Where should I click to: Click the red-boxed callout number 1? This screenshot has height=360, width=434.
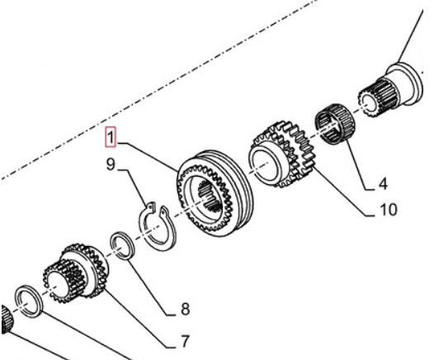(x=111, y=137)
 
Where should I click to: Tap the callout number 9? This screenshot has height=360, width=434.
(x=111, y=164)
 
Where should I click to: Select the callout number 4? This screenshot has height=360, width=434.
(x=383, y=184)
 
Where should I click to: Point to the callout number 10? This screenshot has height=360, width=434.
(x=389, y=210)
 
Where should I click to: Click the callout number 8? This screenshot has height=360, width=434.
(x=186, y=309)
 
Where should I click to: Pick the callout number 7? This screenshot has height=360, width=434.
(x=185, y=341)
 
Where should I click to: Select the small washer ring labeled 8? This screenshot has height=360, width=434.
(x=123, y=246)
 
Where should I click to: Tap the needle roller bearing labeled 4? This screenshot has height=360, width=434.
(x=336, y=124)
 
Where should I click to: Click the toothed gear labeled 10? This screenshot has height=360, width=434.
(x=282, y=154)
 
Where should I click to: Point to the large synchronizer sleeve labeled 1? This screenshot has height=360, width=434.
(x=215, y=194)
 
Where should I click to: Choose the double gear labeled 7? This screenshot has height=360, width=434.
(x=75, y=273)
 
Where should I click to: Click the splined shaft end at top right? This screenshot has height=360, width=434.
(x=390, y=88)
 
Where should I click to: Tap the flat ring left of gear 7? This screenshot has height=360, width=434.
(x=29, y=301)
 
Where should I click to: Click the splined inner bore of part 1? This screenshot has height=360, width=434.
(x=210, y=195)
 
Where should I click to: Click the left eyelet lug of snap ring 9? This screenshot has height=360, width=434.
(x=150, y=207)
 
